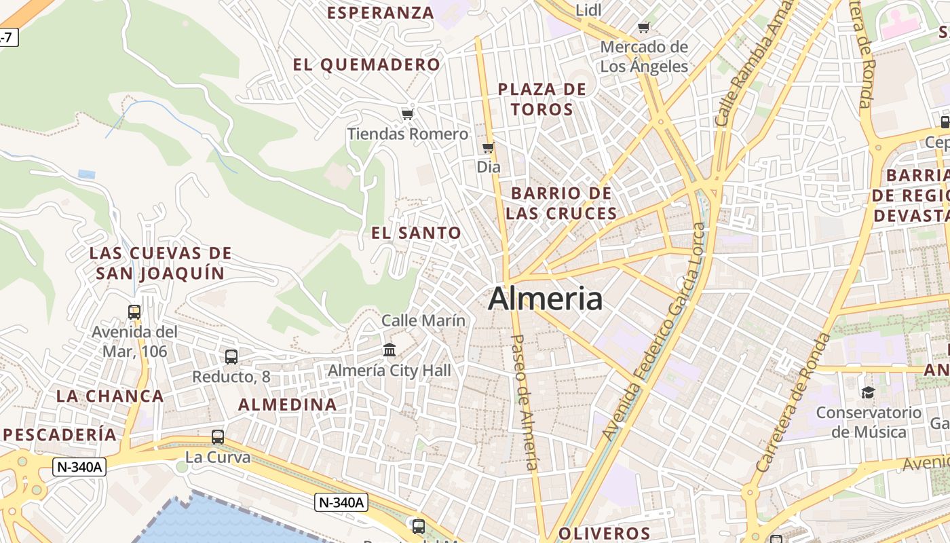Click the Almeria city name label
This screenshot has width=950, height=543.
pyautogui.click(x=545, y=299)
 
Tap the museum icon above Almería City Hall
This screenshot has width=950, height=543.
pyautogui.click(x=389, y=350)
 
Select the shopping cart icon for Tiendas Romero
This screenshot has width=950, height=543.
pyautogui.click(x=407, y=114)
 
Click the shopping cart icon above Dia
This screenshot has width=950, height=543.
pyautogui.click(x=488, y=147)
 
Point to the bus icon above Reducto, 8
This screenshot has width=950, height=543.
pyautogui.click(x=231, y=356)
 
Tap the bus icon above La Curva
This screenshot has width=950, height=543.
pyautogui.click(x=218, y=437)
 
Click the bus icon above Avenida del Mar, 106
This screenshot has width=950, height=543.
pyautogui.click(x=134, y=312)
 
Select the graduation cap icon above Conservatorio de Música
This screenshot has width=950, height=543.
pyautogui.click(x=868, y=392)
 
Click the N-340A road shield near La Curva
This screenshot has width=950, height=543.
pyautogui.click(x=79, y=467)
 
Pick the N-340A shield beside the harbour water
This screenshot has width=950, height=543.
pyautogui.click(x=342, y=502)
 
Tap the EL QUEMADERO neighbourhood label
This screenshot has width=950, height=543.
pyautogui.click(x=366, y=65)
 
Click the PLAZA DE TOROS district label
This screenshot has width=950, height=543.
pyautogui.click(x=541, y=99)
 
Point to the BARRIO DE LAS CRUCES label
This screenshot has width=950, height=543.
pyautogui.click(x=561, y=203)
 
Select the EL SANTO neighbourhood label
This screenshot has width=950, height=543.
pyautogui.click(x=416, y=233)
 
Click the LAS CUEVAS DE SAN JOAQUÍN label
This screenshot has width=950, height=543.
pyautogui.click(x=160, y=263)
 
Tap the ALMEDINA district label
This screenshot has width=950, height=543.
pyautogui.click(x=287, y=405)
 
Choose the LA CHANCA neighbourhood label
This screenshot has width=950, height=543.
pyautogui.click(x=110, y=396)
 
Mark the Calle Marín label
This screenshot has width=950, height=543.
pyautogui.click(x=423, y=320)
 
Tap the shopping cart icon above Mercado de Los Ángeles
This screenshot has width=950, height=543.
pyautogui.click(x=643, y=28)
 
